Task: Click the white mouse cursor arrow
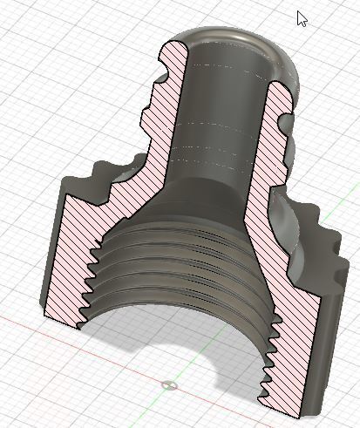point(302,18)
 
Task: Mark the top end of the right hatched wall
point(277,87)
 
